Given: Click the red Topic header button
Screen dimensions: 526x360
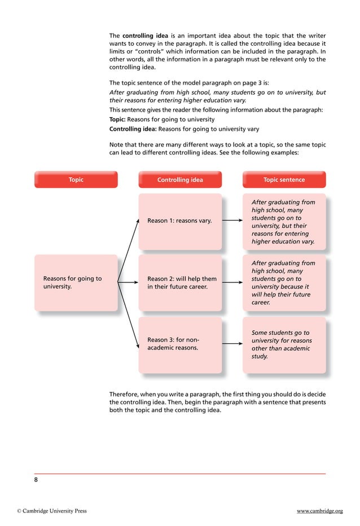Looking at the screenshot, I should (76, 180).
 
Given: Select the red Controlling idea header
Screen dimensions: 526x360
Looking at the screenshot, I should (180, 180).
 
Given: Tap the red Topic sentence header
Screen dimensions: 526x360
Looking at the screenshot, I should (284, 180).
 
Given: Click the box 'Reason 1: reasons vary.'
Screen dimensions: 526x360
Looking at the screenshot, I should (180, 221).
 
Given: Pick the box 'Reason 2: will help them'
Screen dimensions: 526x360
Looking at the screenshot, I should (180, 282).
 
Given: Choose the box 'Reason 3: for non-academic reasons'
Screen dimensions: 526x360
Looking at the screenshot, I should (180, 344).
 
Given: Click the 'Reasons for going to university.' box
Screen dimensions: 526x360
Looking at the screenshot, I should (76, 282).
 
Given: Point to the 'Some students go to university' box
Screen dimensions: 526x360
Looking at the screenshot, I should (284, 344).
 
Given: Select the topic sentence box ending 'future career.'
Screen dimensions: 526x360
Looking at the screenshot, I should (284, 282).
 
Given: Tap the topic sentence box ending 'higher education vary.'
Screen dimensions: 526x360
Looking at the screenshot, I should (284, 221).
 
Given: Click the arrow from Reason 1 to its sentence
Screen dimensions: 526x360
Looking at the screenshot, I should (232, 221).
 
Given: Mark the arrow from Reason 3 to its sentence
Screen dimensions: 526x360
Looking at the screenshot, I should (232, 344).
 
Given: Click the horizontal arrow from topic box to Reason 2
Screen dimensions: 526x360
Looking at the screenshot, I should (128, 282).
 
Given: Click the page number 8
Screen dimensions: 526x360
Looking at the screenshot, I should (36, 480).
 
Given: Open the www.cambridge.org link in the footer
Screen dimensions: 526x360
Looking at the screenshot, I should (319, 511).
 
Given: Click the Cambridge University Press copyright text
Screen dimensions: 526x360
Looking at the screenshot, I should (51, 511).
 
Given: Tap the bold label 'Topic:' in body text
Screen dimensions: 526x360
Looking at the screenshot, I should (117, 120).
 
